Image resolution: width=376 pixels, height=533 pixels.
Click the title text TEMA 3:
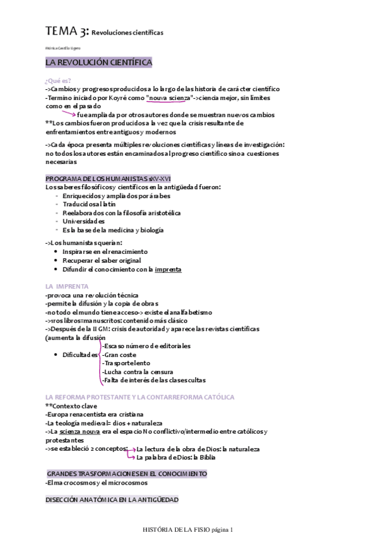[67, 31]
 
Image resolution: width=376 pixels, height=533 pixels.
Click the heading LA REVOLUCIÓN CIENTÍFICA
[98, 63]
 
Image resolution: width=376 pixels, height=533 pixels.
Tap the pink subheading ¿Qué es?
[58, 80]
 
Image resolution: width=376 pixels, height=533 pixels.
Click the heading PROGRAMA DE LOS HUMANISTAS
[99, 179]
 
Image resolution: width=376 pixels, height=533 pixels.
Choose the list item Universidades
[83, 221]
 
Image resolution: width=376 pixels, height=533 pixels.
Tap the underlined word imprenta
[168, 269]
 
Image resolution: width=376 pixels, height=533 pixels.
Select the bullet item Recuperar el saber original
[101, 260]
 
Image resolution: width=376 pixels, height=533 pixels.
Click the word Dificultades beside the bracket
[80, 355]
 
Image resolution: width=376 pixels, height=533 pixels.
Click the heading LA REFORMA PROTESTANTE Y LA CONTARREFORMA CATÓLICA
[140, 397]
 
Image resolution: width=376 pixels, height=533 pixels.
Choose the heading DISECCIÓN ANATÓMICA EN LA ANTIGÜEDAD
[112, 500]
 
